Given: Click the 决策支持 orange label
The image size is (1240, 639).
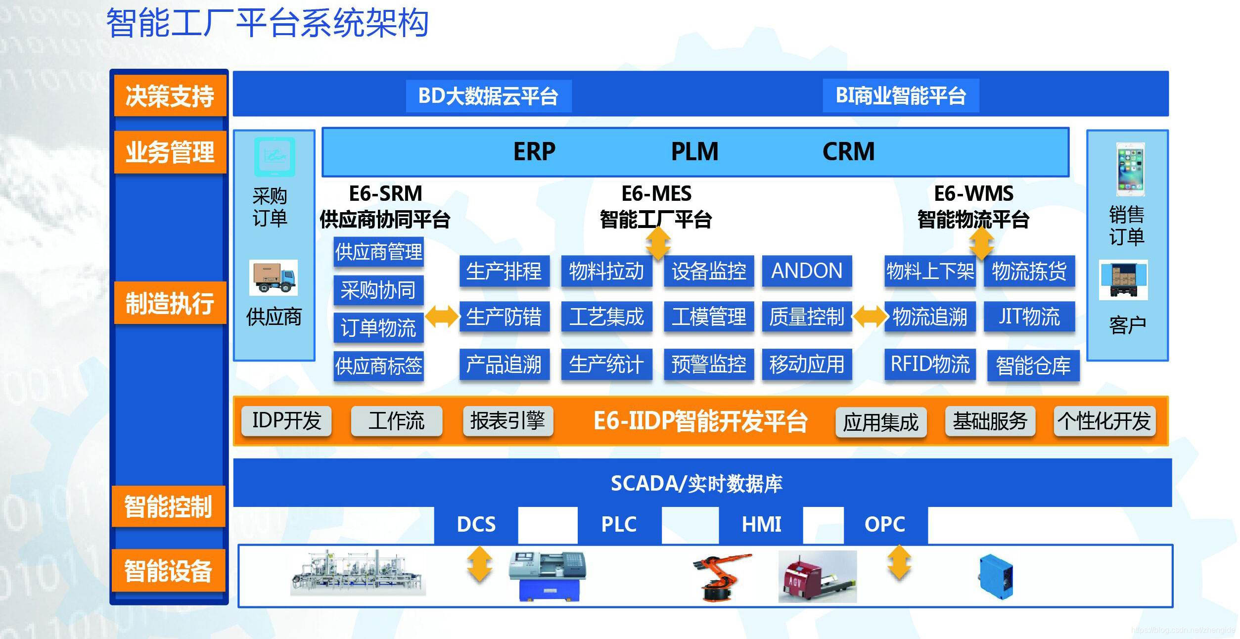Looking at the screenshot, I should pos(170,95).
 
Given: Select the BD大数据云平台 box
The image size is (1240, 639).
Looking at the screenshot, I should pos(488,96).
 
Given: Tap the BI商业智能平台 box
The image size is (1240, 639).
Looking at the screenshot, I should pos(901,95).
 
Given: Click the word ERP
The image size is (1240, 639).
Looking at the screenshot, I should pos(534,151).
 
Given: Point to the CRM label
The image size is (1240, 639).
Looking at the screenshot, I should pos(848,151).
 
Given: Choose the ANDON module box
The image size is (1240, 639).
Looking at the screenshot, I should pos(807,271).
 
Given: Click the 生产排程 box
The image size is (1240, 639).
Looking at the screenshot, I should pos(504,271).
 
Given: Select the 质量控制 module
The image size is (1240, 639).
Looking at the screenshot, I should pos(807,317).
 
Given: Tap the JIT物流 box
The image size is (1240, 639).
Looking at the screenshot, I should pos(1029,317).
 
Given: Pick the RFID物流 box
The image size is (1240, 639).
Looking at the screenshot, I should pos(930,365).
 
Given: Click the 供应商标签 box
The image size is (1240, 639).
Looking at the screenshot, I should pos(378,366).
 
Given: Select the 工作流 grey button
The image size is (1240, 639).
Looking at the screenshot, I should pos(396,421).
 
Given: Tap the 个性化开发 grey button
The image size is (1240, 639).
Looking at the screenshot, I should pos(1104,421).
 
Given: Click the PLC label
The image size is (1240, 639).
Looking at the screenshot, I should pos(619,524).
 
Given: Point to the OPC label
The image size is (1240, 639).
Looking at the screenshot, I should pos(884,524).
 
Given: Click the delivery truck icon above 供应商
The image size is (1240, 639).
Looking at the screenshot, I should pos(274,278).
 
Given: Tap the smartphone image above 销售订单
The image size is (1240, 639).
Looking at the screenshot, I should pos(1130,169).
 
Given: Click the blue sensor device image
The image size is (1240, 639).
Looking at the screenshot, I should pos(996,577).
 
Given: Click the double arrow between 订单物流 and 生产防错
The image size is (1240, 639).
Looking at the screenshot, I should pos(442,317).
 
